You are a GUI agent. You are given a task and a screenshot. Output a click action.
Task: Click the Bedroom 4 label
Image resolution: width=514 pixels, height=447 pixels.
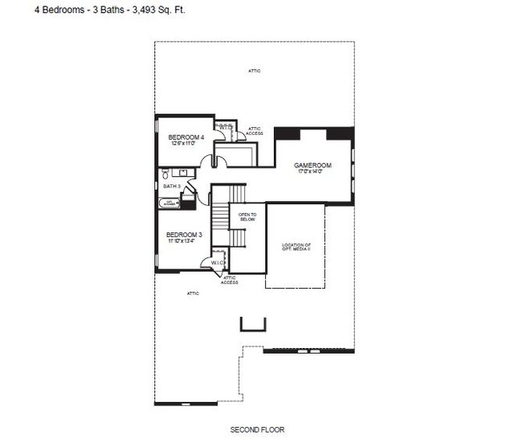186,137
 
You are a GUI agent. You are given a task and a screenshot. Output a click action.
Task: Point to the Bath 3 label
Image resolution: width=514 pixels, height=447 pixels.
172,187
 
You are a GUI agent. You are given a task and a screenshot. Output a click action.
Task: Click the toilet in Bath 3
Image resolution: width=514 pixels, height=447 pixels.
164,173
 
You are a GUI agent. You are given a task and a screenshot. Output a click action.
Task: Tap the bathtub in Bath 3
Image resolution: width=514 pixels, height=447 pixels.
169,203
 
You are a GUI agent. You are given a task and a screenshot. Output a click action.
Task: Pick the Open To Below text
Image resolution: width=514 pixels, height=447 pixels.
248,216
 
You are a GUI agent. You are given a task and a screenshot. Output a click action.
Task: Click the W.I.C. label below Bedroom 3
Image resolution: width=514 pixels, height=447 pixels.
218,263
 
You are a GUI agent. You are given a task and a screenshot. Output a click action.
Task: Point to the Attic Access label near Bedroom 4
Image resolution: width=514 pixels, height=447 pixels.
254,130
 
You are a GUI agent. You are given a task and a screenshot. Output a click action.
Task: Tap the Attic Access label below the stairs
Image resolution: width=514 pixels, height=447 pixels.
229,280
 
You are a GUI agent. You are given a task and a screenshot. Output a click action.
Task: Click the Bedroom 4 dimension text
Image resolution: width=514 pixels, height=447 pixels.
186,144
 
